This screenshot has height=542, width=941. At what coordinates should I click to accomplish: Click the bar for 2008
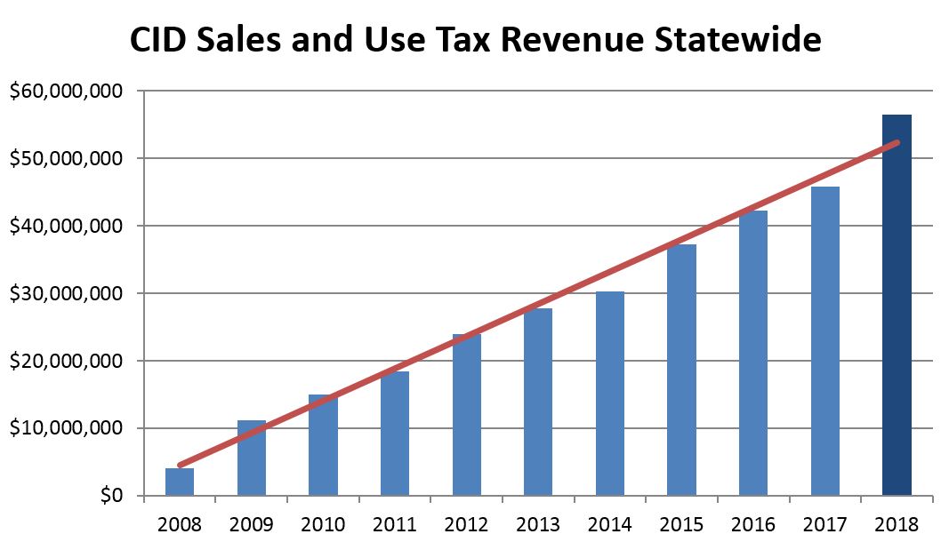pos(180,482)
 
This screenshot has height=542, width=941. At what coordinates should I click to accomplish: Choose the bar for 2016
pos(753,355)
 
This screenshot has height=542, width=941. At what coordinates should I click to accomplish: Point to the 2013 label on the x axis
pos(538,524)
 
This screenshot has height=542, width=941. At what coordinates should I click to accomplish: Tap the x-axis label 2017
pos(824,524)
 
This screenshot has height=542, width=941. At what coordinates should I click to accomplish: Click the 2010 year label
pos(323,524)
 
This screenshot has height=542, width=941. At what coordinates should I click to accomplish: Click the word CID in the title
pos(159,40)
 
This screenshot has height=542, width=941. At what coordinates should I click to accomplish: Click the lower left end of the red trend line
pos(180,465)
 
